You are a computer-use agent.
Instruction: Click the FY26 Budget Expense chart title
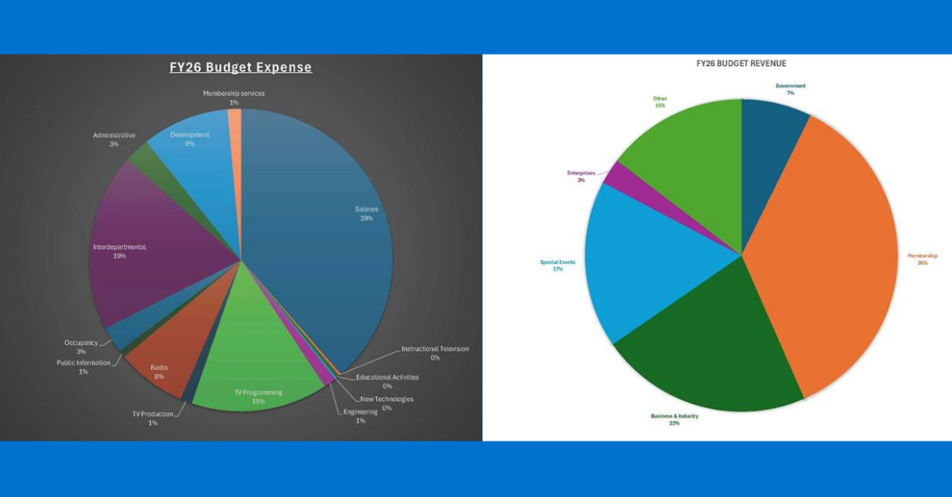(x=240, y=67)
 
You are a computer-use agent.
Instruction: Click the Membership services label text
(x=233, y=94)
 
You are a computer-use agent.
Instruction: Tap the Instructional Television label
(x=435, y=349)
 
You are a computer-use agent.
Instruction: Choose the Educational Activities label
(x=387, y=377)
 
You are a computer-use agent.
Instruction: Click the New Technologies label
(x=386, y=399)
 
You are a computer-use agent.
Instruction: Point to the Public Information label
(x=83, y=363)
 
